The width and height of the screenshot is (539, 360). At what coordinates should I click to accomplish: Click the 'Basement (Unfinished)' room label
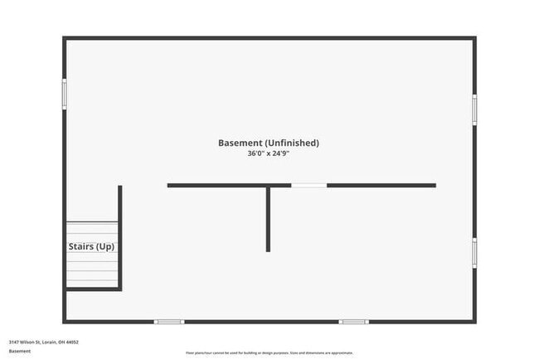click(268, 143)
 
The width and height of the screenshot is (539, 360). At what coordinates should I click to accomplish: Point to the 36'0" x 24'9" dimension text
click(268, 153)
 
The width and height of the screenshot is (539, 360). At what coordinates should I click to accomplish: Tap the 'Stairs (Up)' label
click(91, 246)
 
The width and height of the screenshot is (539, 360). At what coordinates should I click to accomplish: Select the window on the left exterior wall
click(65, 93)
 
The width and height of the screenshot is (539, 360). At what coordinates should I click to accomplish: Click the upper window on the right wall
click(474, 109)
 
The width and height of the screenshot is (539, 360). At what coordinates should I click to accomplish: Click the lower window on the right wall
click(474, 252)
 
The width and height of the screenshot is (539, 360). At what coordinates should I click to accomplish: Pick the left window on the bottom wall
click(169, 321)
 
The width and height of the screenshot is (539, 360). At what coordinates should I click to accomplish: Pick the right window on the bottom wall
click(353, 321)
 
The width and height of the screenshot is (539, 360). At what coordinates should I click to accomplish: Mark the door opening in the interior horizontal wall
click(308, 185)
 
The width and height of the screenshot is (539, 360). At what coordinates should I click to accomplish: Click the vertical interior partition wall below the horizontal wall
click(268, 219)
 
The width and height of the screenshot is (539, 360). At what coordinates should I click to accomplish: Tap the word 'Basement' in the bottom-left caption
click(20, 351)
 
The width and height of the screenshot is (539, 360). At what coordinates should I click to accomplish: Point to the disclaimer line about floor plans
click(269, 352)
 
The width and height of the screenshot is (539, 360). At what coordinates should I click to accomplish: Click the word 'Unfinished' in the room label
click(291, 143)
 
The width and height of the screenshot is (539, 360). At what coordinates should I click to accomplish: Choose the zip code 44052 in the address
click(73, 342)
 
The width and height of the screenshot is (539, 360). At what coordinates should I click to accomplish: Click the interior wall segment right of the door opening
click(381, 185)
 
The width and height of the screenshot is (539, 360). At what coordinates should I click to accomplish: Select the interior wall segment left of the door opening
click(229, 185)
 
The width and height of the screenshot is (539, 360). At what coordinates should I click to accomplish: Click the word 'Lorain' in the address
click(51, 342)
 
